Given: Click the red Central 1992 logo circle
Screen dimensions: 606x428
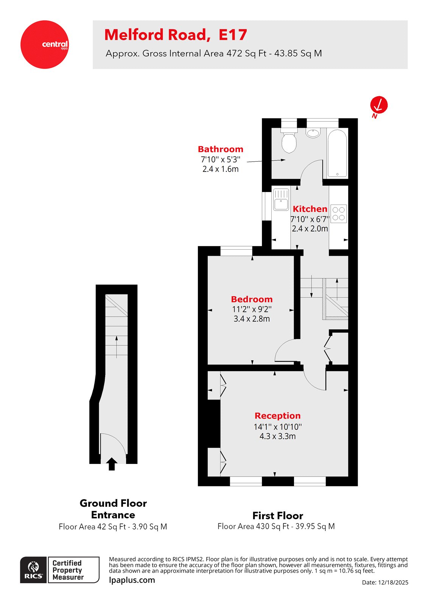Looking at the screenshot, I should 45,45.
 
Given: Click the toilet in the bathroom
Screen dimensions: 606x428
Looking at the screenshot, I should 289,141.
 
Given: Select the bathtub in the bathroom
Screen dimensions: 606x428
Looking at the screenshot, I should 337,153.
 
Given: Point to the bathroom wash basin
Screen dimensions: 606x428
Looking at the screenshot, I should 313,133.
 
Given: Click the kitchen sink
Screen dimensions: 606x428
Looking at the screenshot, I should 281,199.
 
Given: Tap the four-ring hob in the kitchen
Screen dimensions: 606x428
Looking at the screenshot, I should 339,214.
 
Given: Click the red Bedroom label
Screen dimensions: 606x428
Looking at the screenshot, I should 252,299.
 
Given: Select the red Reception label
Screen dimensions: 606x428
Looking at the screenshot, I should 277,416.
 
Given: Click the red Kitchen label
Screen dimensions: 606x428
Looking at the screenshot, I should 310,209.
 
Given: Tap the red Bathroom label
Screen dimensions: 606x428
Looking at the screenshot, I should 221,149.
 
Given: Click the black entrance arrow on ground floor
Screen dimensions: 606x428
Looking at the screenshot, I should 112,464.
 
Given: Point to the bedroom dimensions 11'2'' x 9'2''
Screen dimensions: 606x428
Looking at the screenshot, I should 252,309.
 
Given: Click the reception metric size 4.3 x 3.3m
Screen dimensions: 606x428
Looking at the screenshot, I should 277,436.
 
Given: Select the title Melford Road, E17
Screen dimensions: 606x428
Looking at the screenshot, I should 176,35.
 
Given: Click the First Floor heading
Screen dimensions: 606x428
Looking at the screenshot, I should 278,516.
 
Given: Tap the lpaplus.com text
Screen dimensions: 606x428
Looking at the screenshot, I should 132,580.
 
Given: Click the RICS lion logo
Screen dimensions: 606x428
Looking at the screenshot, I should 34,570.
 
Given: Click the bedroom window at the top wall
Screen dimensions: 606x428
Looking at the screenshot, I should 236,251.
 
